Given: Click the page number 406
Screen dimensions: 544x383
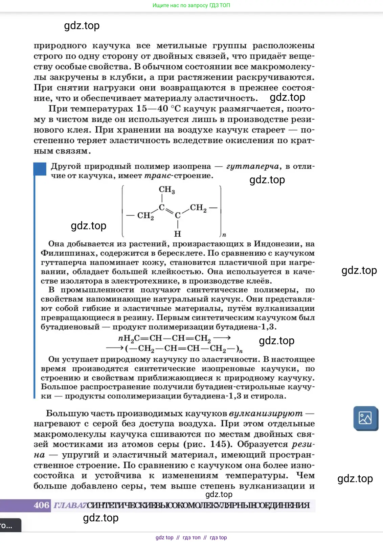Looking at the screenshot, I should coord(42,505).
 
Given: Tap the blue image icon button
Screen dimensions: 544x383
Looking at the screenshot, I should coord(365,418).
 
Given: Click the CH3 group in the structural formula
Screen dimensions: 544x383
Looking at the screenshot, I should coord(167,190).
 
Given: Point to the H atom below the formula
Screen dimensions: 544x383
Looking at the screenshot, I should coord(178,234).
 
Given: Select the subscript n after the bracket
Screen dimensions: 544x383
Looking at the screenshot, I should coord(224,235).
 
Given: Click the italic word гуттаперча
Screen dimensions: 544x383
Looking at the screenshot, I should coord(253,166).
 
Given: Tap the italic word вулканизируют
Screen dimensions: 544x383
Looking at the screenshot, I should coord(266,413).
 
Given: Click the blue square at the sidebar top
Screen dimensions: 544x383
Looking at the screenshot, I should coord(40,169).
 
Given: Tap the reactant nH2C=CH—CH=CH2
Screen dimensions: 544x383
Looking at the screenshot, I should coord(164,338).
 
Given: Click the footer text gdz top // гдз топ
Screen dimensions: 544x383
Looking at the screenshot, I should coord(191,538).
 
